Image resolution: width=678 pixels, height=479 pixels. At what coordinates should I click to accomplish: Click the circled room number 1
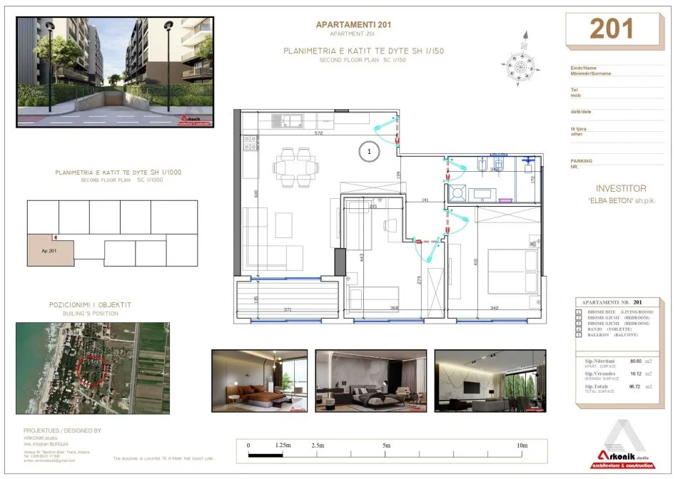(369, 151)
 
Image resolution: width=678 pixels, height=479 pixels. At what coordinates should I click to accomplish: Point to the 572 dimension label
(319, 134)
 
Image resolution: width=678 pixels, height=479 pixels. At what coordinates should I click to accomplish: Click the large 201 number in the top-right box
(612, 29)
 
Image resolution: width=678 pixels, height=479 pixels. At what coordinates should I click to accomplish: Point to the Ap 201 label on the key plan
(50, 250)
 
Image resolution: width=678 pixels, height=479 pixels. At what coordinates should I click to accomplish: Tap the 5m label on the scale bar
(387, 445)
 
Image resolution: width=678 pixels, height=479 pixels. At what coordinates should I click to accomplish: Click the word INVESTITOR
(620, 189)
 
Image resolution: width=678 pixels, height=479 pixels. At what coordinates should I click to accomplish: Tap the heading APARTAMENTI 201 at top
(353, 25)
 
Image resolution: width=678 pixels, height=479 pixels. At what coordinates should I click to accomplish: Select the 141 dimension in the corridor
(425, 201)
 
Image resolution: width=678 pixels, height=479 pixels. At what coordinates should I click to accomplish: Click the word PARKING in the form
(582, 160)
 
